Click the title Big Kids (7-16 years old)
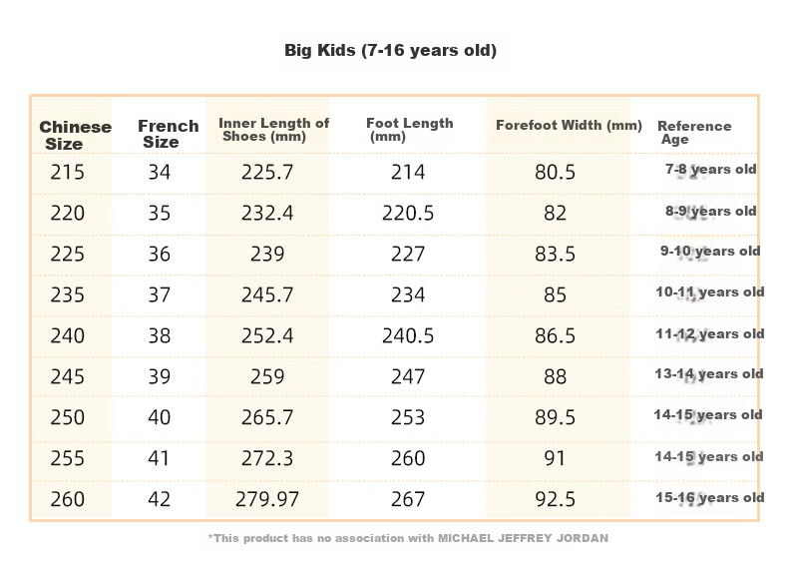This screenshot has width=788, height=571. click(x=390, y=50)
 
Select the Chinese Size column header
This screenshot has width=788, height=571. click(x=76, y=136)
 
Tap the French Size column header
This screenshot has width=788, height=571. click(x=169, y=134)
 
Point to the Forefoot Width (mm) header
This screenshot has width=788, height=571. click(x=569, y=126)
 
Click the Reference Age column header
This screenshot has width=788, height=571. click(x=694, y=133)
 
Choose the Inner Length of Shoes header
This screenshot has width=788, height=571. click(x=274, y=130)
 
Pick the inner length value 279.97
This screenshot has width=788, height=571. click(x=267, y=499)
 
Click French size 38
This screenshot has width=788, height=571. click(x=160, y=335)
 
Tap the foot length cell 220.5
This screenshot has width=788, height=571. click(x=408, y=213)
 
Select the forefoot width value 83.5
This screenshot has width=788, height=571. click(x=555, y=255)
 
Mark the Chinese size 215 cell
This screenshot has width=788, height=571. click(x=68, y=172)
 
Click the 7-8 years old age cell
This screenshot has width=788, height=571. click(x=710, y=170)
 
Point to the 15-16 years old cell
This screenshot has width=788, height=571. click(x=709, y=498)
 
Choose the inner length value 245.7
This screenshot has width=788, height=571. click(x=267, y=294)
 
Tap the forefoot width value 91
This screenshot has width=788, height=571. click(x=555, y=458)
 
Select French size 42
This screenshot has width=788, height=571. click(x=160, y=499)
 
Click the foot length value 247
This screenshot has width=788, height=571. click(x=408, y=376)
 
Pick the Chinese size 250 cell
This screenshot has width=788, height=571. click(x=68, y=417)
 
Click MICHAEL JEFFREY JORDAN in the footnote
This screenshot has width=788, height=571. click(x=523, y=538)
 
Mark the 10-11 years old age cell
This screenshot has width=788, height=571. click(x=709, y=292)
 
